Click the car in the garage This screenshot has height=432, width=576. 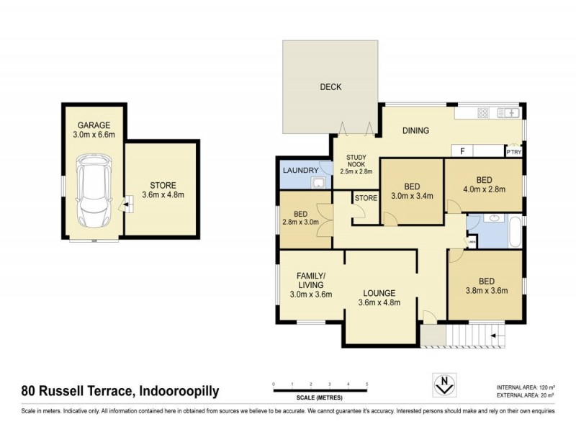coord(94,189)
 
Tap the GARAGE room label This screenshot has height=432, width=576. coord(94,125)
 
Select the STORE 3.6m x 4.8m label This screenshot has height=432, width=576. coord(163,190)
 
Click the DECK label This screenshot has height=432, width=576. coord(330,87)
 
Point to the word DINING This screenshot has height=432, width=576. coord(415,131)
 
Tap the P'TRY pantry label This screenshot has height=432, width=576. coord(513,152)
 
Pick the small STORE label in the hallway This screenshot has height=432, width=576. coord(365,197)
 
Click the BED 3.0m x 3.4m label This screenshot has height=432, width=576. coord(411,191)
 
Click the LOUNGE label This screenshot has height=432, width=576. coord(379,297)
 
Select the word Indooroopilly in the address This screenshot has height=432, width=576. coord(178,392)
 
